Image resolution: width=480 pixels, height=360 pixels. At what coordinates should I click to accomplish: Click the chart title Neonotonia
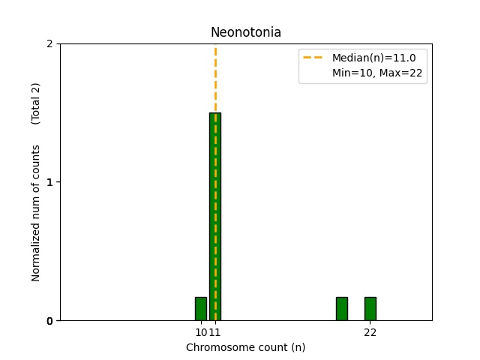click(x=245, y=32)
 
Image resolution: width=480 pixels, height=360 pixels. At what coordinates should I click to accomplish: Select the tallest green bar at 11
click(x=215, y=217)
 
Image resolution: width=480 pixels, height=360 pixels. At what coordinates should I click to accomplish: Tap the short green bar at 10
click(x=200, y=309)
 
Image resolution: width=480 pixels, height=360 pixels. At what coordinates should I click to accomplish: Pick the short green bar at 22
click(x=370, y=309)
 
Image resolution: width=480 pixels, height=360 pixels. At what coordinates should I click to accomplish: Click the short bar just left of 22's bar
click(x=341, y=309)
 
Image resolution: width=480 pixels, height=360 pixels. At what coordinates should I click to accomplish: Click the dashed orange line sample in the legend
click(x=313, y=57)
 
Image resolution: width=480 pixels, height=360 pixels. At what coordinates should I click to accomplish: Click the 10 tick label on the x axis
click(x=200, y=332)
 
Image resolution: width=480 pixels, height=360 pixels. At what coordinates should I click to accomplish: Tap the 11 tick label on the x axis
click(x=215, y=332)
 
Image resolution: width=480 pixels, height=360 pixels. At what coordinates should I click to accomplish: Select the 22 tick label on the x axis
click(x=370, y=332)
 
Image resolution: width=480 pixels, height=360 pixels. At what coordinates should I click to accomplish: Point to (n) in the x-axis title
click(x=298, y=347)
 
